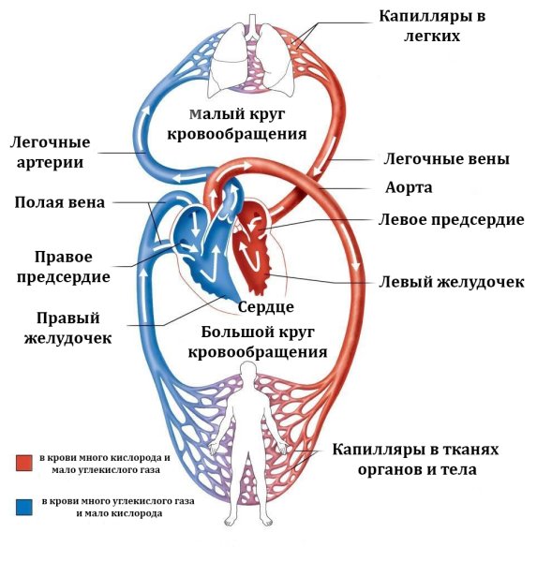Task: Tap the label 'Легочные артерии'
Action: [51, 153]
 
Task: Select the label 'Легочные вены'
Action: [447, 159]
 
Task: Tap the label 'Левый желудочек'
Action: [451, 282]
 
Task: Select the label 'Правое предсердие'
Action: [71, 266]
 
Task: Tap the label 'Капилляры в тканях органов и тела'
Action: [410, 460]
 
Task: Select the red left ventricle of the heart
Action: [256, 258]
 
